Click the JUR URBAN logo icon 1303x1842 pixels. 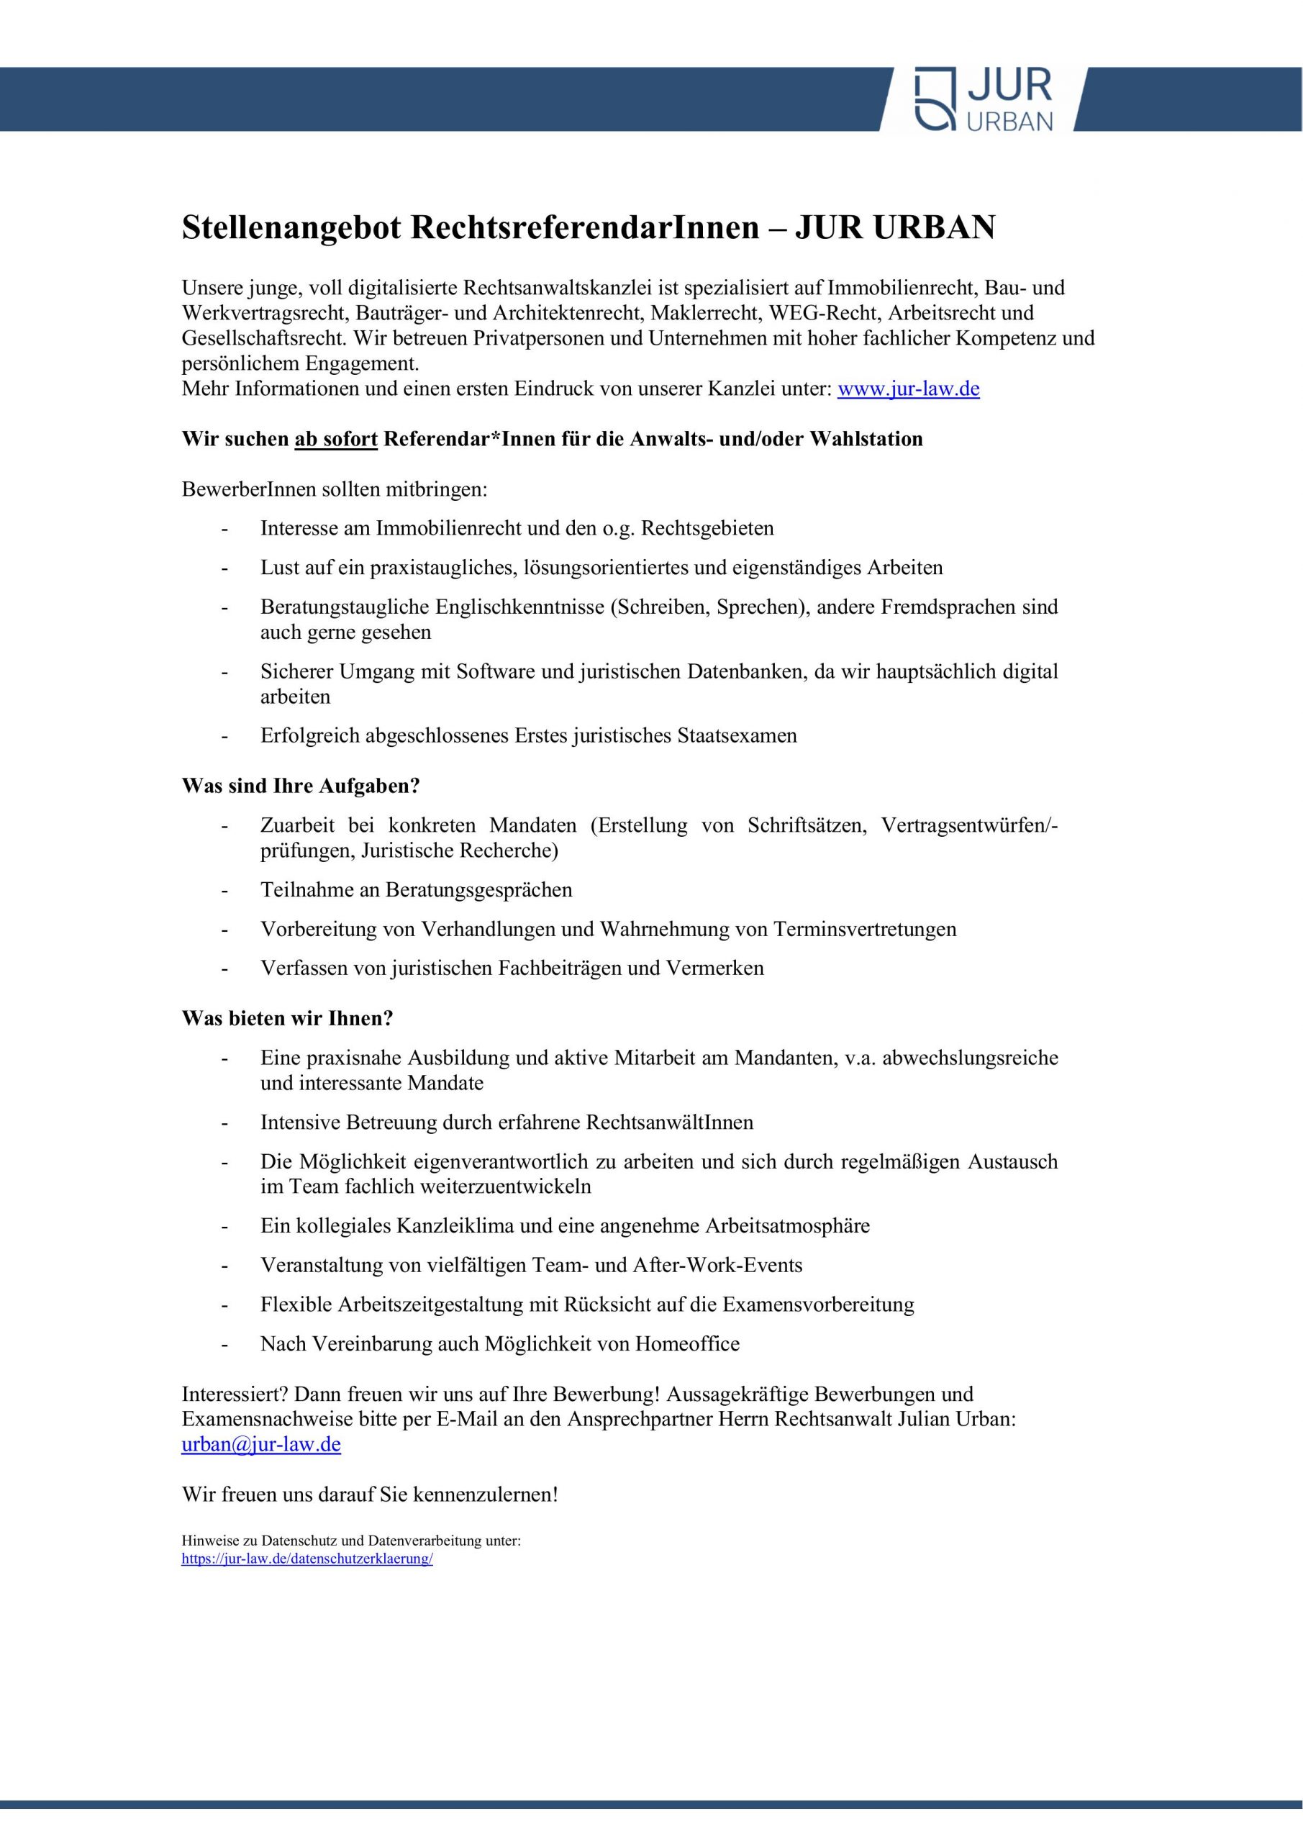pyautogui.click(x=935, y=98)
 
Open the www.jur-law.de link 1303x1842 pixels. pyautogui.click(x=908, y=389)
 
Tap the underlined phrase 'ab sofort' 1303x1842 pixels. pyautogui.click(x=336, y=439)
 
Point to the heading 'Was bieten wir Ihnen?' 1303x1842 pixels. pyautogui.click(x=287, y=1018)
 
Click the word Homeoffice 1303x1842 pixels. pyautogui.click(x=688, y=1344)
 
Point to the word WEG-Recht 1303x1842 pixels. pyautogui.click(x=822, y=312)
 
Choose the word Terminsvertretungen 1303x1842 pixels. pyautogui.click(x=865, y=929)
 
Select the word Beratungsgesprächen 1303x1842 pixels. pyautogui.click(x=479, y=890)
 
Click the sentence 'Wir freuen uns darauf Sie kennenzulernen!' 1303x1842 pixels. pyautogui.click(x=369, y=1494)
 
